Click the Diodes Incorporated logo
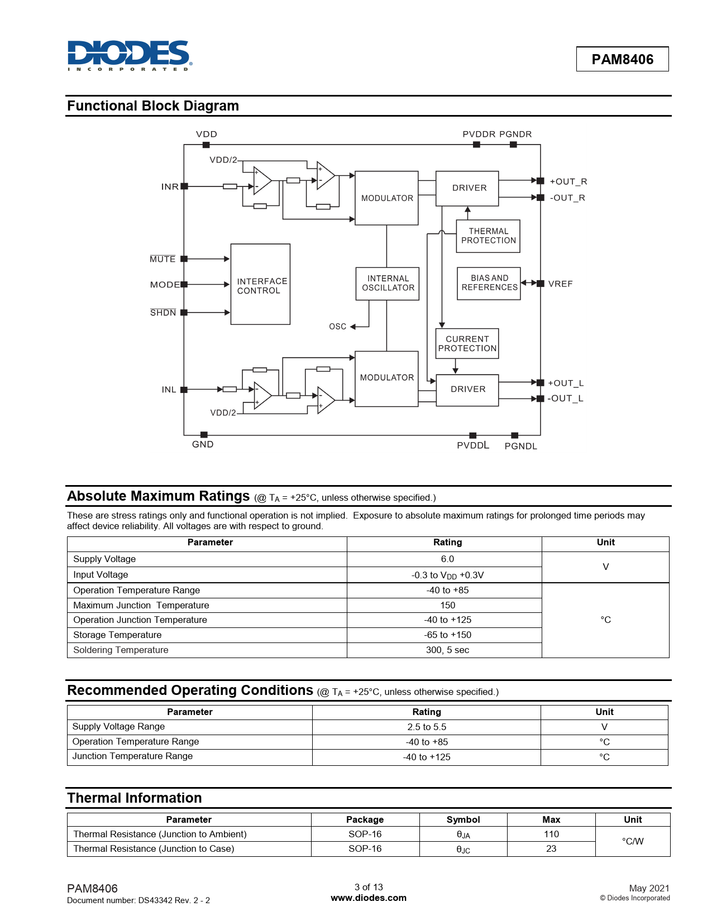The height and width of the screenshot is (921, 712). click(130, 55)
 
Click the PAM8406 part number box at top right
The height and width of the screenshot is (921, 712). click(622, 59)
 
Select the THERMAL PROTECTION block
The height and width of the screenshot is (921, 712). click(488, 236)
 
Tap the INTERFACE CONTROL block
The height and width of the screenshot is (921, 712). click(260, 284)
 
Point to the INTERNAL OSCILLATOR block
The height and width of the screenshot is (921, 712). click(388, 284)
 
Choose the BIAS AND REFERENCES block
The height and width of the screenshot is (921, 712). click(489, 284)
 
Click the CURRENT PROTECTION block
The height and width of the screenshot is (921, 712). click(467, 344)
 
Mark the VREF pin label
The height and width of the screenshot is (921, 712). click(560, 284)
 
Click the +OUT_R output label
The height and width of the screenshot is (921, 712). click(568, 181)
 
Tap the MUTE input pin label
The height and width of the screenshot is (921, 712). click(163, 259)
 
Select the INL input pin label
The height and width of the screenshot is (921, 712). click(169, 390)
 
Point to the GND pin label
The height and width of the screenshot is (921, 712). click(203, 444)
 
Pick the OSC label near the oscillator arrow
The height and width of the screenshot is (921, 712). click(337, 327)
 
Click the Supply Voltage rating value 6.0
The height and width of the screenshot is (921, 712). click(447, 559)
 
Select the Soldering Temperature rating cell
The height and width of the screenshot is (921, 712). click(447, 650)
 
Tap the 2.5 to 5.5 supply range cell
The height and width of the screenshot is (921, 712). click(427, 727)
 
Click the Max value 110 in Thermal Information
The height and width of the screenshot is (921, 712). click(551, 834)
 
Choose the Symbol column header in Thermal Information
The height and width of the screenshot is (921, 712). click(463, 819)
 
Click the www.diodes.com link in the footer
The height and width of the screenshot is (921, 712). click(369, 898)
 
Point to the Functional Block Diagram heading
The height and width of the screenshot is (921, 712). click(153, 106)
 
